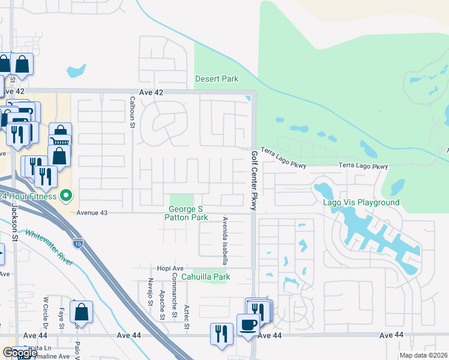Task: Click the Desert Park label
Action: [217, 79]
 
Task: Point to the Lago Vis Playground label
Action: [361, 202]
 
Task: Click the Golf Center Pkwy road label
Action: [255, 181]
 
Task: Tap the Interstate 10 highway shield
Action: [78, 243]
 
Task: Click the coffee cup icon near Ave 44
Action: [248, 325]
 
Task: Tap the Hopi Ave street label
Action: [170, 268]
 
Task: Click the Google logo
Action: [20, 353]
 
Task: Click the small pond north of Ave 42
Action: [76, 71]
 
